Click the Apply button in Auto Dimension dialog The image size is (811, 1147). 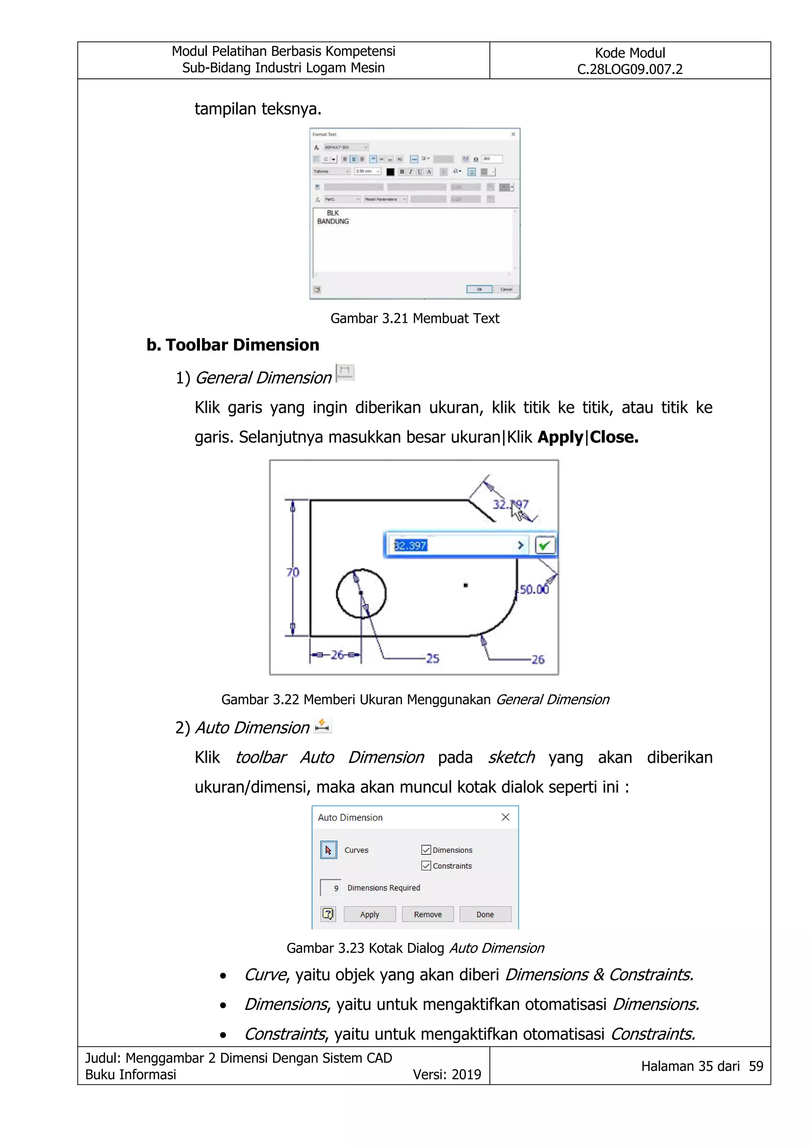click(369, 914)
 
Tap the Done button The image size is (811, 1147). click(485, 914)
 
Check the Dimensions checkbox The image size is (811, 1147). click(426, 850)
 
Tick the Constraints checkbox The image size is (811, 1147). click(426, 866)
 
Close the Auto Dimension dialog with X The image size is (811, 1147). click(505, 817)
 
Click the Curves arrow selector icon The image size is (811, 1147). click(329, 850)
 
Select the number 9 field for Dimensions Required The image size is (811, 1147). click(331, 888)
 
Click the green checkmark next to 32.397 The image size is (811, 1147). click(544, 545)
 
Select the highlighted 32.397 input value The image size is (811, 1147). click(411, 545)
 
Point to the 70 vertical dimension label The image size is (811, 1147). click(293, 572)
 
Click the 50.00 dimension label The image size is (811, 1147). click(534, 589)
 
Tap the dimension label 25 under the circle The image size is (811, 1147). click(432, 658)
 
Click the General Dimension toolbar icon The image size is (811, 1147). click(345, 373)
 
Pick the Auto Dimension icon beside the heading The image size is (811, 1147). click(323, 725)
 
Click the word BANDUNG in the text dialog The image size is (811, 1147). click(333, 221)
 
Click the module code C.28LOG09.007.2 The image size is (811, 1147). click(630, 69)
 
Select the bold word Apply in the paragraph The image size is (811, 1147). click(560, 437)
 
